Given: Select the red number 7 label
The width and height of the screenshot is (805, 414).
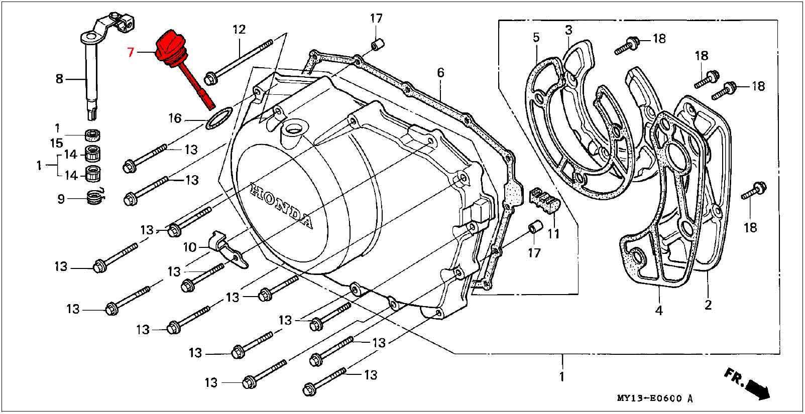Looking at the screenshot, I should [x=131, y=52].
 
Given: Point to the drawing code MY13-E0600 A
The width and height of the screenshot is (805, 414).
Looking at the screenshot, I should [x=655, y=399].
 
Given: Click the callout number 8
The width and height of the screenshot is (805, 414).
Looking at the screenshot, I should [x=60, y=78].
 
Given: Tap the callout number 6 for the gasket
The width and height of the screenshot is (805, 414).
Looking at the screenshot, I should [x=440, y=73].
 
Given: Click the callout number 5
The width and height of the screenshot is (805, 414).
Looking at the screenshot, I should [x=536, y=37].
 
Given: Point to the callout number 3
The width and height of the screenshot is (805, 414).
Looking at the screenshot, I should [x=568, y=30].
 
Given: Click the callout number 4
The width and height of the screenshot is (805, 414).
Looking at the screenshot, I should [x=658, y=311].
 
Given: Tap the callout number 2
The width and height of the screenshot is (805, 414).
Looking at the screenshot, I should [x=708, y=305].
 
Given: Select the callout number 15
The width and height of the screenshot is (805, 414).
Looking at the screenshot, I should [x=57, y=143].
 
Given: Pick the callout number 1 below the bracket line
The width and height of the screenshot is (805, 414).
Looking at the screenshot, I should [x=562, y=376].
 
